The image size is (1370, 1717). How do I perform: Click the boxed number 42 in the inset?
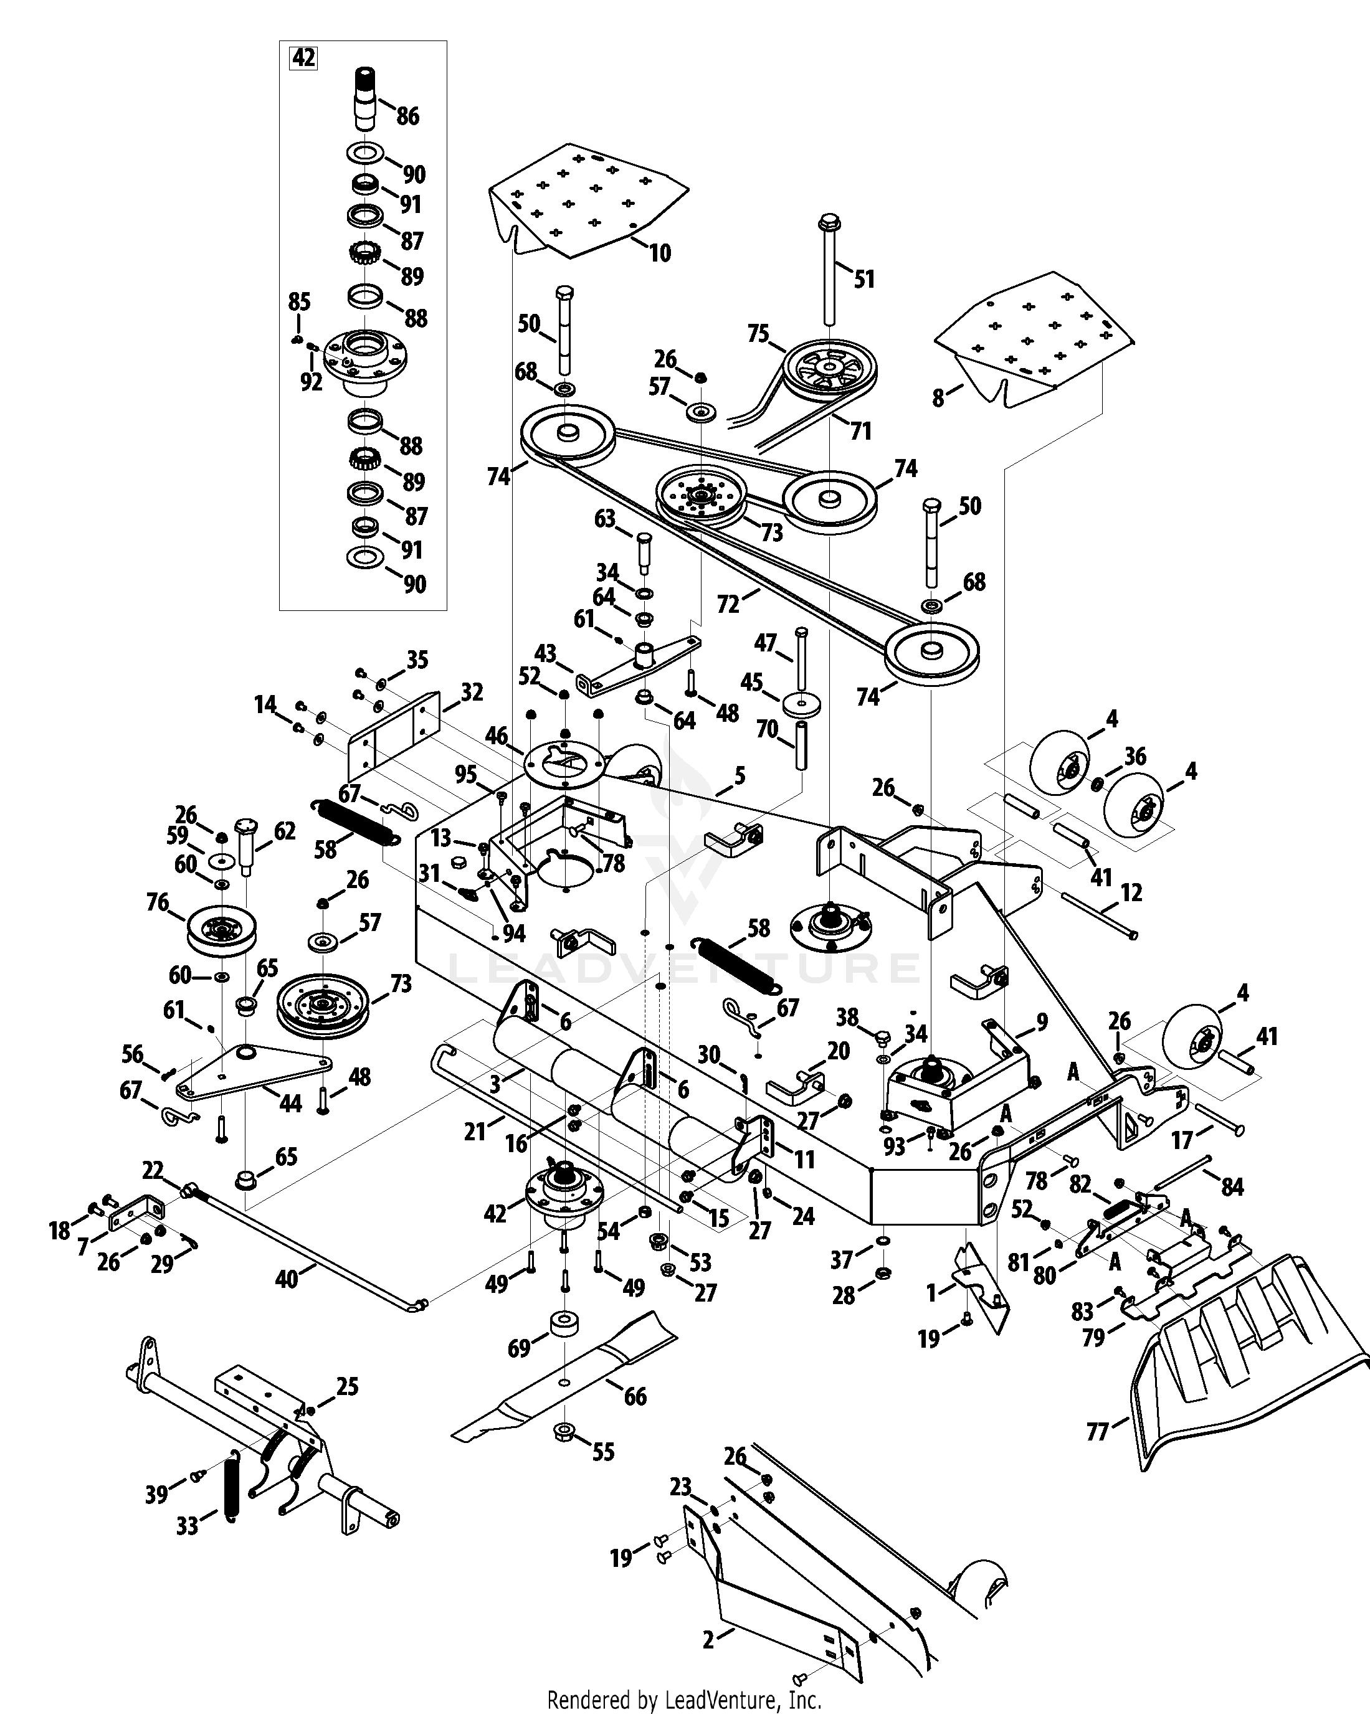coord(303,58)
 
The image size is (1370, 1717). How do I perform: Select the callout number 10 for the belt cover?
coord(660,253)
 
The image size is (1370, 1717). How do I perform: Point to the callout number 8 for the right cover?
coord(938,397)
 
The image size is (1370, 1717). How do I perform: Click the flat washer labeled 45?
coord(801,705)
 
